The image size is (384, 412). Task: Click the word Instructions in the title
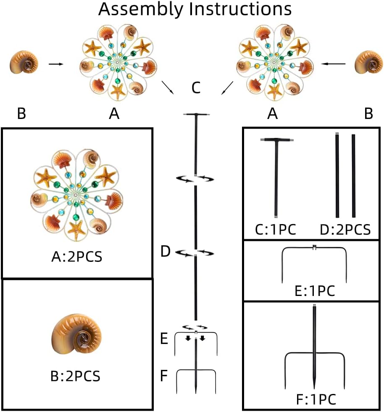click(237, 9)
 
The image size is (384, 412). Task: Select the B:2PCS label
click(76, 376)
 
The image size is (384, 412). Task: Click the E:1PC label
click(314, 291)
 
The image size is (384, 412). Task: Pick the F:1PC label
click(315, 398)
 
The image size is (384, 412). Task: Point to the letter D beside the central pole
click(166, 252)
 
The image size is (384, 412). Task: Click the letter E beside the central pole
click(165, 338)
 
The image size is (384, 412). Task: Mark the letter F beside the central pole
click(165, 375)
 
